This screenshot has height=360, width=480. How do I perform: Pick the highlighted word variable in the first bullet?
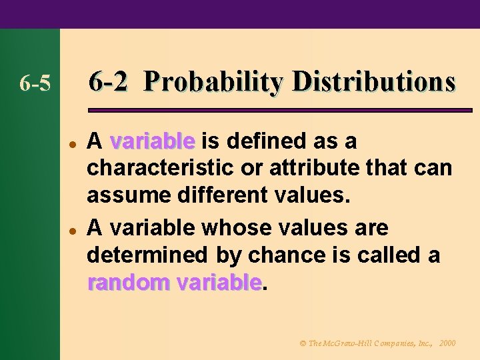click(152, 142)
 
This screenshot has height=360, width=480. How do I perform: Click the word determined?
click(136, 256)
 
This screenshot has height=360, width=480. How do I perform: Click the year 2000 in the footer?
click(448, 343)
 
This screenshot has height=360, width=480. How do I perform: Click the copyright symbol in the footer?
click(303, 343)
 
